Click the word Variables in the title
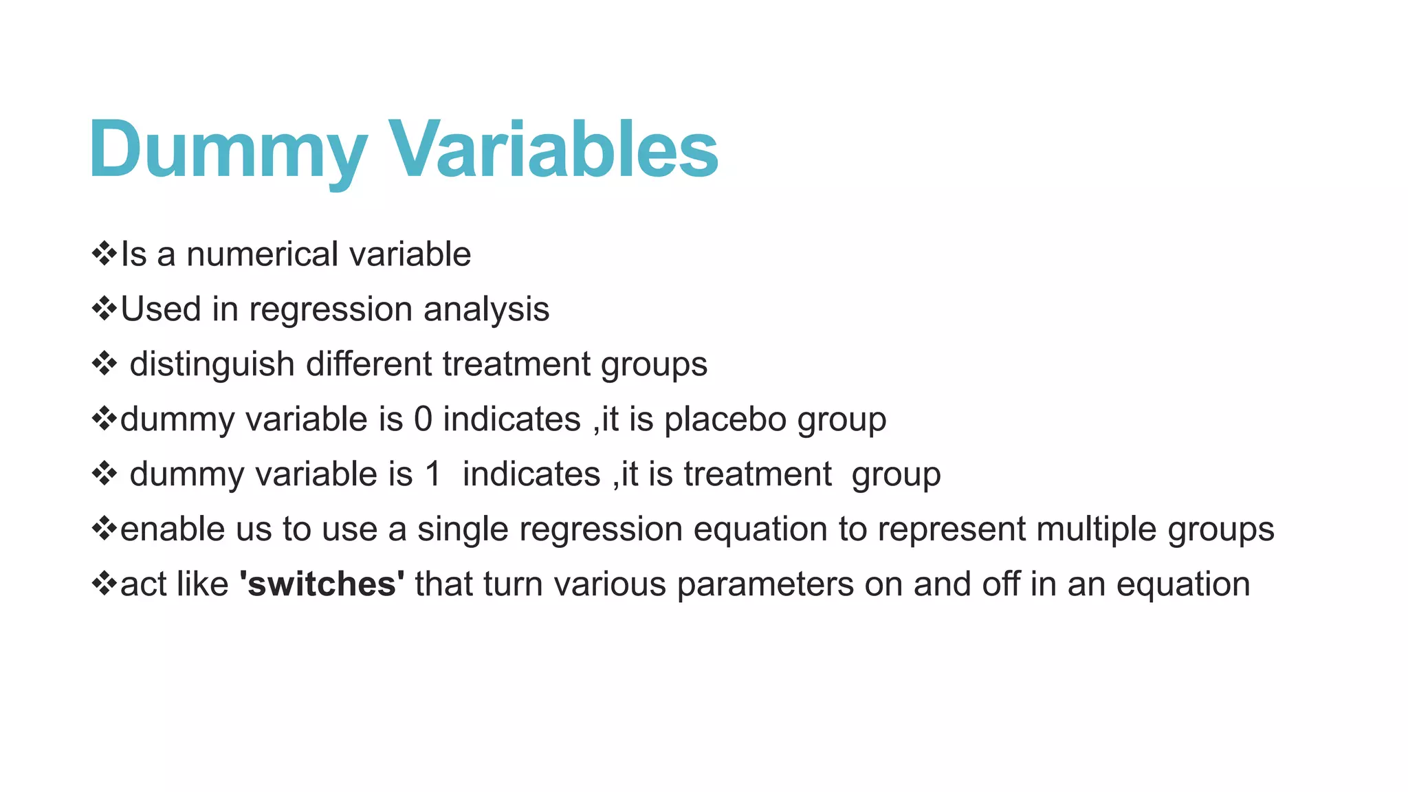tap(554, 150)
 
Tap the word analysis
tap(486, 309)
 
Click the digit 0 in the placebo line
tap(423, 419)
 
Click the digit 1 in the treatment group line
tap(432, 474)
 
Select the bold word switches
tap(322, 584)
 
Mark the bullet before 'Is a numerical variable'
tap(104, 253)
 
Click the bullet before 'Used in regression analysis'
tap(104, 308)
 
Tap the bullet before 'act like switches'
tap(104, 583)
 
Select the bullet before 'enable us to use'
tap(104, 528)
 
